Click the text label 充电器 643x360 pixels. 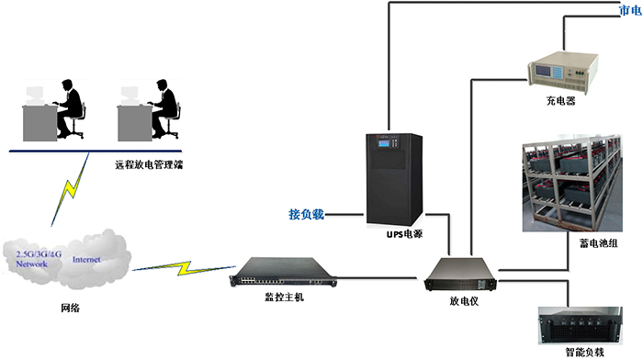tap(560, 102)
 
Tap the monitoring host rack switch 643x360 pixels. tap(286, 273)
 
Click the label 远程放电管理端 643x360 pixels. tap(150, 166)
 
